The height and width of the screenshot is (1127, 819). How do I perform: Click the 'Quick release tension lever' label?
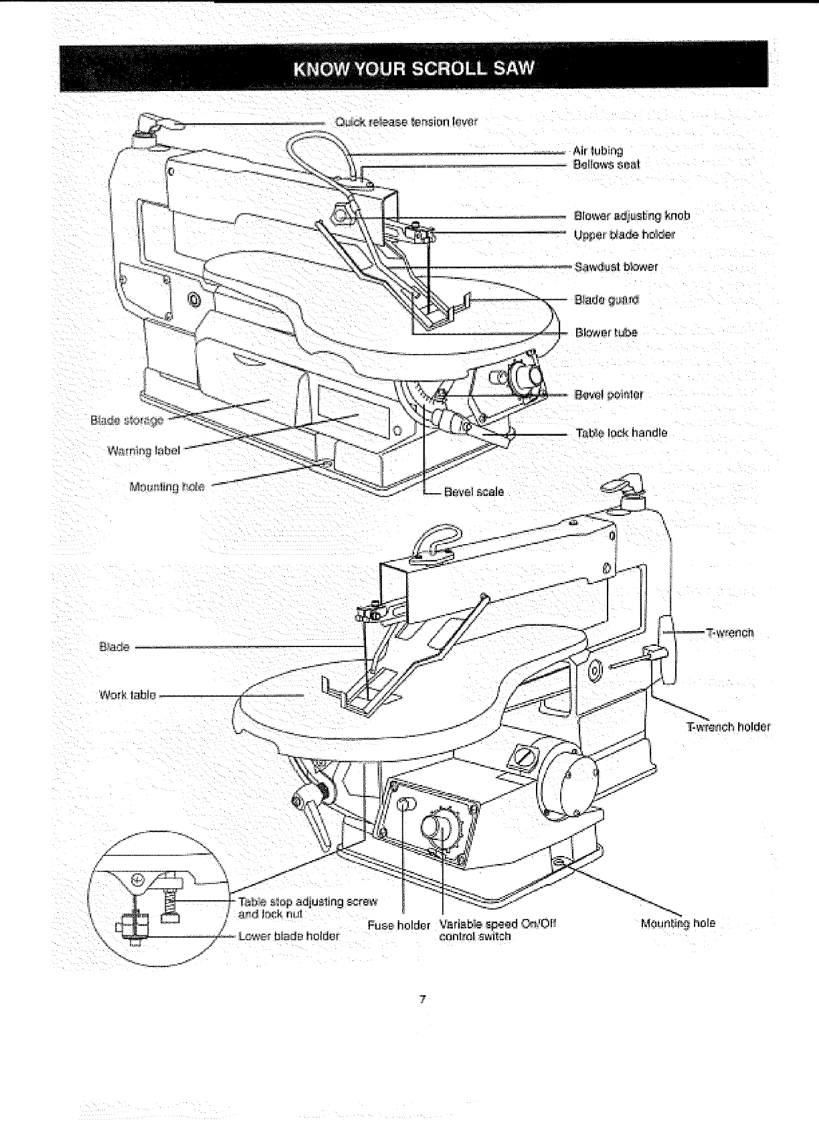(x=406, y=122)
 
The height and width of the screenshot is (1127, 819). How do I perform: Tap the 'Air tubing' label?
(x=598, y=151)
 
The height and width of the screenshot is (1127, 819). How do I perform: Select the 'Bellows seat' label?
(x=606, y=165)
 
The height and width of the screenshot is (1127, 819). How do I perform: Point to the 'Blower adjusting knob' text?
(x=632, y=216)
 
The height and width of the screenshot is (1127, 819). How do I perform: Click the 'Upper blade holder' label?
(x=624, y=235)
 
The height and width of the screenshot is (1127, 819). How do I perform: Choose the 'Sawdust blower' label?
(x=616, y=267)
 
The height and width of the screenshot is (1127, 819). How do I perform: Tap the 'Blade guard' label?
(x=607, y=299)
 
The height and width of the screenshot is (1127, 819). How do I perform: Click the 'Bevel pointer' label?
(x=609, y=395)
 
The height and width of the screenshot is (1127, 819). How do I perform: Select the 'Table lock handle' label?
(x=622, y=433)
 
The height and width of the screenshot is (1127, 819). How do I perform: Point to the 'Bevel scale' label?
(x=474, y=492)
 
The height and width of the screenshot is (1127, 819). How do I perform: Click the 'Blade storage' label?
(x=126, y=420)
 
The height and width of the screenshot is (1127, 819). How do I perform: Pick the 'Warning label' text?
(x=143, y=450)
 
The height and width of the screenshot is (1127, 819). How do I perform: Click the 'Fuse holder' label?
(x=398, y=926)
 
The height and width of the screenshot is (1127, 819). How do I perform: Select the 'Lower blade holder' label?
(x=289, y=936)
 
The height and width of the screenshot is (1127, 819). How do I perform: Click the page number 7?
(x=422, y=1000)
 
